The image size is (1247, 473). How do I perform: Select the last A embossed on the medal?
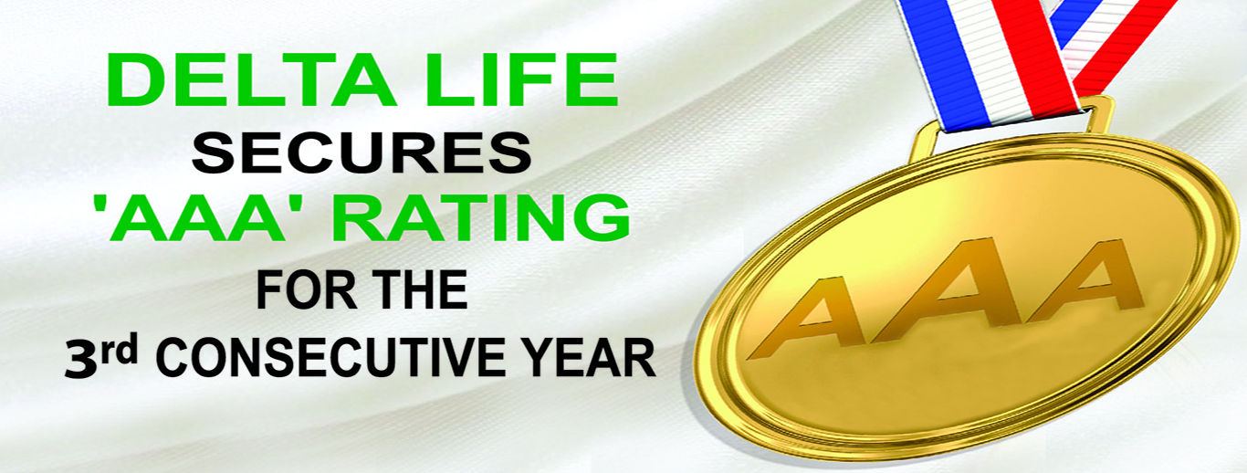point(1085,282)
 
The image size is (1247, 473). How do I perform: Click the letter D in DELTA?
point(133,79)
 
